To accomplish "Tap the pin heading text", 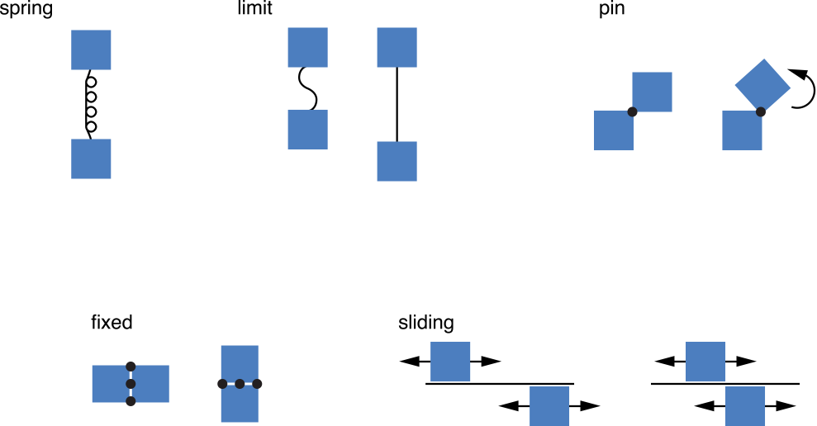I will (611, 11).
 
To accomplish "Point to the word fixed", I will (112, 323).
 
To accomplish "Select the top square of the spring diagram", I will (91, 50).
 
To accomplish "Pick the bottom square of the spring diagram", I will (91, 159).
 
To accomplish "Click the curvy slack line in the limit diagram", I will (307, 88).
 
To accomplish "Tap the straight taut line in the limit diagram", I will (397, 104).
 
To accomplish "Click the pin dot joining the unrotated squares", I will (632, 111).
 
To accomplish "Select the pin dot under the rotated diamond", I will (760, 111).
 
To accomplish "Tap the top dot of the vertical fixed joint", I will (131, 367).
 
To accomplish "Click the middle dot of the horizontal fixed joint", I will (240, 384).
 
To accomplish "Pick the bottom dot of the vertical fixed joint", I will (131, 401).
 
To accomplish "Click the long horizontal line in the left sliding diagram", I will (499, 384).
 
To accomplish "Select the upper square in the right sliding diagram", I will (705, 362).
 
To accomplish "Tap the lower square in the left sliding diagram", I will (549, 405).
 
